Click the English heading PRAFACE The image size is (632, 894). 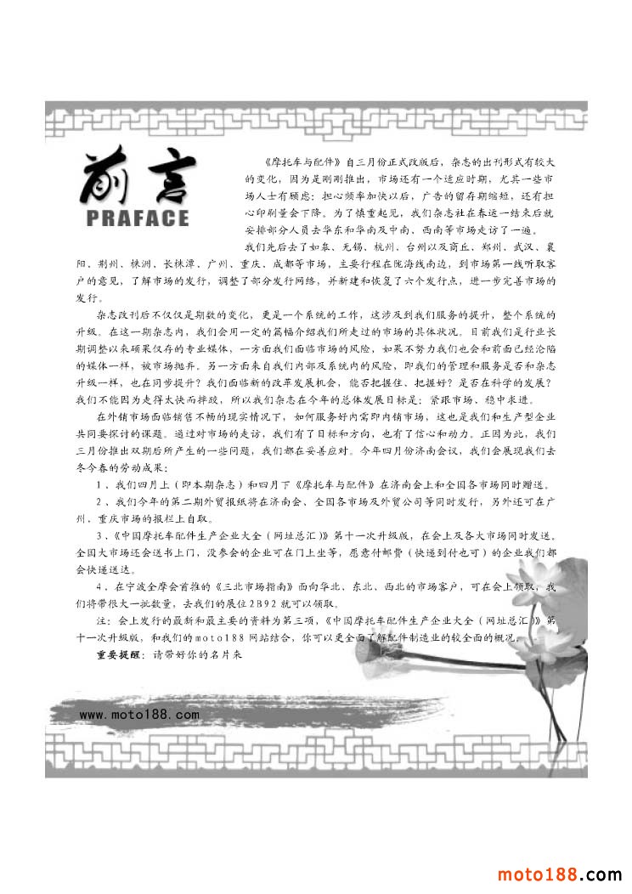point(138,218)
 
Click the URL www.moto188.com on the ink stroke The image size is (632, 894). point(139,715)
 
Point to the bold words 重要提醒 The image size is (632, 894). point(121,655)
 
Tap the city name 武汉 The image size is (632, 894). point(517,247)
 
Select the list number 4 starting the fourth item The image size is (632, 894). point(99,587)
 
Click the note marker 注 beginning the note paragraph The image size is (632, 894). point(101,621)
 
